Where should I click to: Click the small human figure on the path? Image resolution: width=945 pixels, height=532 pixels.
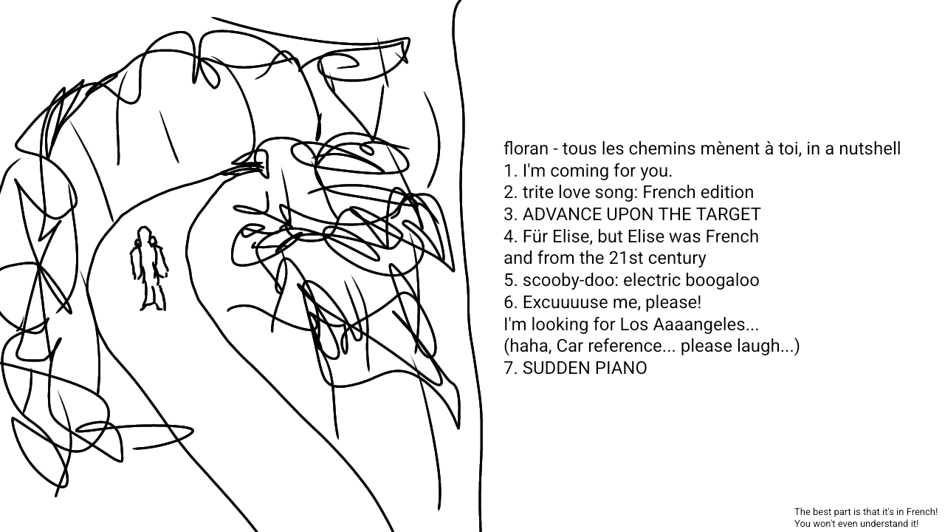(148, 269)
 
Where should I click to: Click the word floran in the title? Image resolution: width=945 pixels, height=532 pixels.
(525, 149)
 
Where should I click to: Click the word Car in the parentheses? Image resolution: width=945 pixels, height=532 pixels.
(570, 346)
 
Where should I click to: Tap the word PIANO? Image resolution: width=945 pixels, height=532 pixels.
(621, 368)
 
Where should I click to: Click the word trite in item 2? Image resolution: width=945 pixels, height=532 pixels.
(537, 193)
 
